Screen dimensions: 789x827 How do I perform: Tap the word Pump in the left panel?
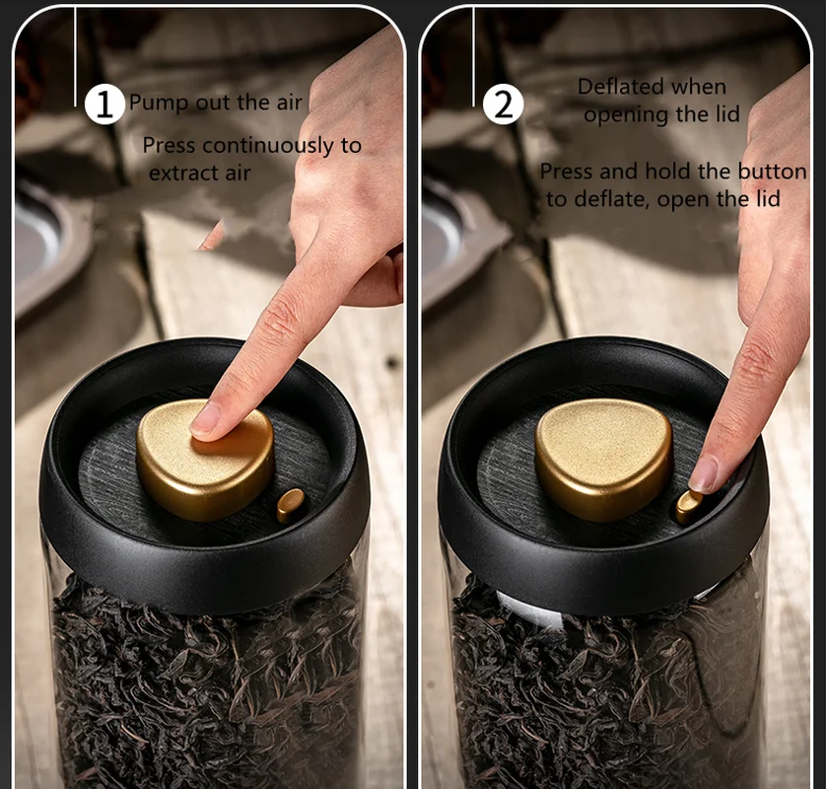pyautogui.click(x=156, y=103)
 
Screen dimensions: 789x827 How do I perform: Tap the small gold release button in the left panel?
pyautogui.click(x=291, y=504)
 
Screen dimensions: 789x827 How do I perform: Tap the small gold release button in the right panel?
pyautogui.click(x=687, y=506)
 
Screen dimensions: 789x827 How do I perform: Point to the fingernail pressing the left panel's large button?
pyautogui.click(x=206, y=420)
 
